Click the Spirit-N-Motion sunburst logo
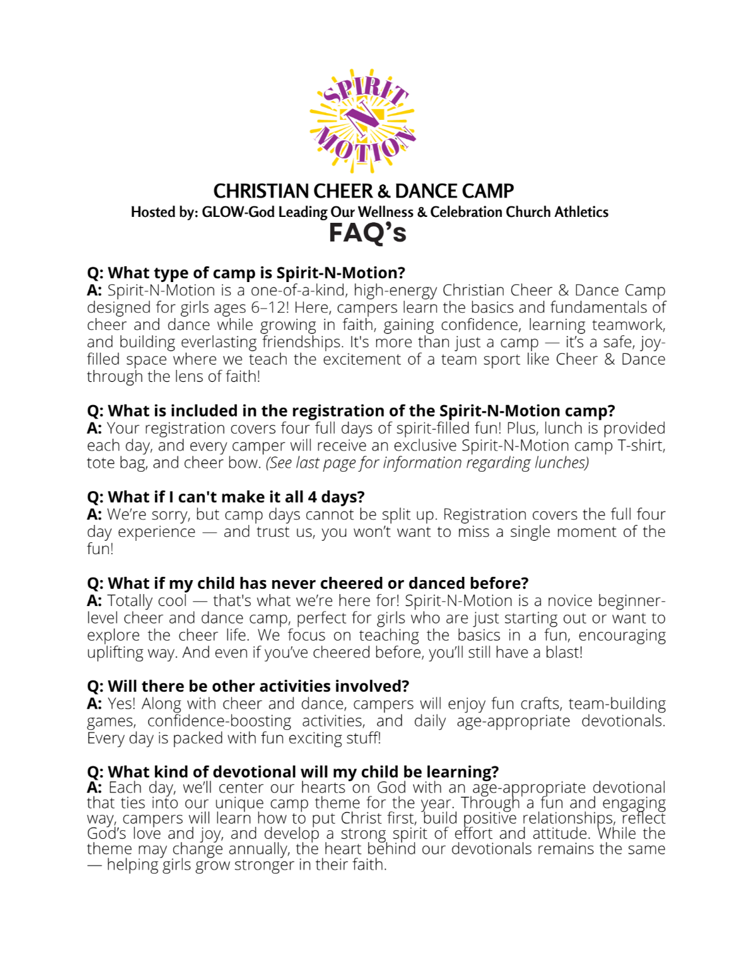click(x=363, y=120)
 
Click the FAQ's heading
click(x=367, y=234)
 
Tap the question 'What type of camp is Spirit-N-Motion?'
click(x=246, y=273)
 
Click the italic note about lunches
click(x=427, y=463)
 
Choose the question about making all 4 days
click(x=226, y=497)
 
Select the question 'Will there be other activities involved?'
click(x=248, y=687)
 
